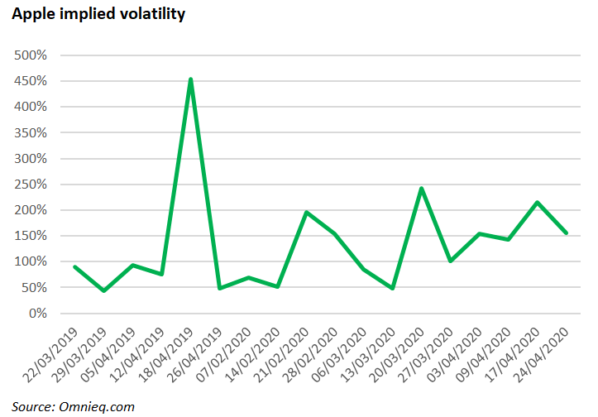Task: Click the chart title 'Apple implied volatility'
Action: point(98,14)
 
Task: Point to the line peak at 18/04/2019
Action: point(191,80)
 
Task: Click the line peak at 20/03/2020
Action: point(422,189)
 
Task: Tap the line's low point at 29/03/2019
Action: point(103,290)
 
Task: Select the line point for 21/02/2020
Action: point(306,213)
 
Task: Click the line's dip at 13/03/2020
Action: point(393,288)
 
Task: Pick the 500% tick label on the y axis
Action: point(31,55)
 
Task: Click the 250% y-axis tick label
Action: point(31,185)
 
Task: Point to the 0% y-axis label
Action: point(36,314)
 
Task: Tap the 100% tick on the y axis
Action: point(31,261)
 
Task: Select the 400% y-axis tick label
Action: point(31,107)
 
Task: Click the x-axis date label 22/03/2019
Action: point(51,352)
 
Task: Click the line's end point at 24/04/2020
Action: point(566,232)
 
